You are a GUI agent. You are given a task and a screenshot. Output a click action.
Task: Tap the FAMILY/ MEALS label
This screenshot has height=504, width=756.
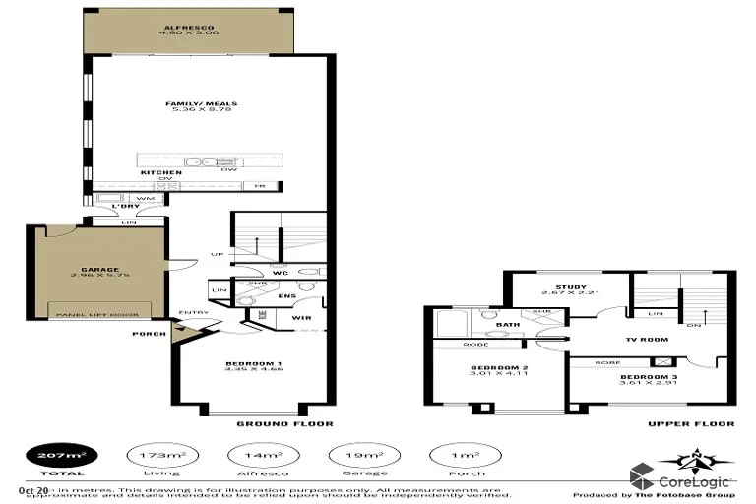click(202, 103)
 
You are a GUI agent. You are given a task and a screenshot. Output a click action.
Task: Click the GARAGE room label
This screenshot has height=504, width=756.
click(100, 269)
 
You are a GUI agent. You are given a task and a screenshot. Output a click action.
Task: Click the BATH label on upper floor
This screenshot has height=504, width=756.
click(508, 323)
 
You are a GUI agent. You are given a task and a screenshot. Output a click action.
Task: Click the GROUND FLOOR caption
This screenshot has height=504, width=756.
click(284, 424)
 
